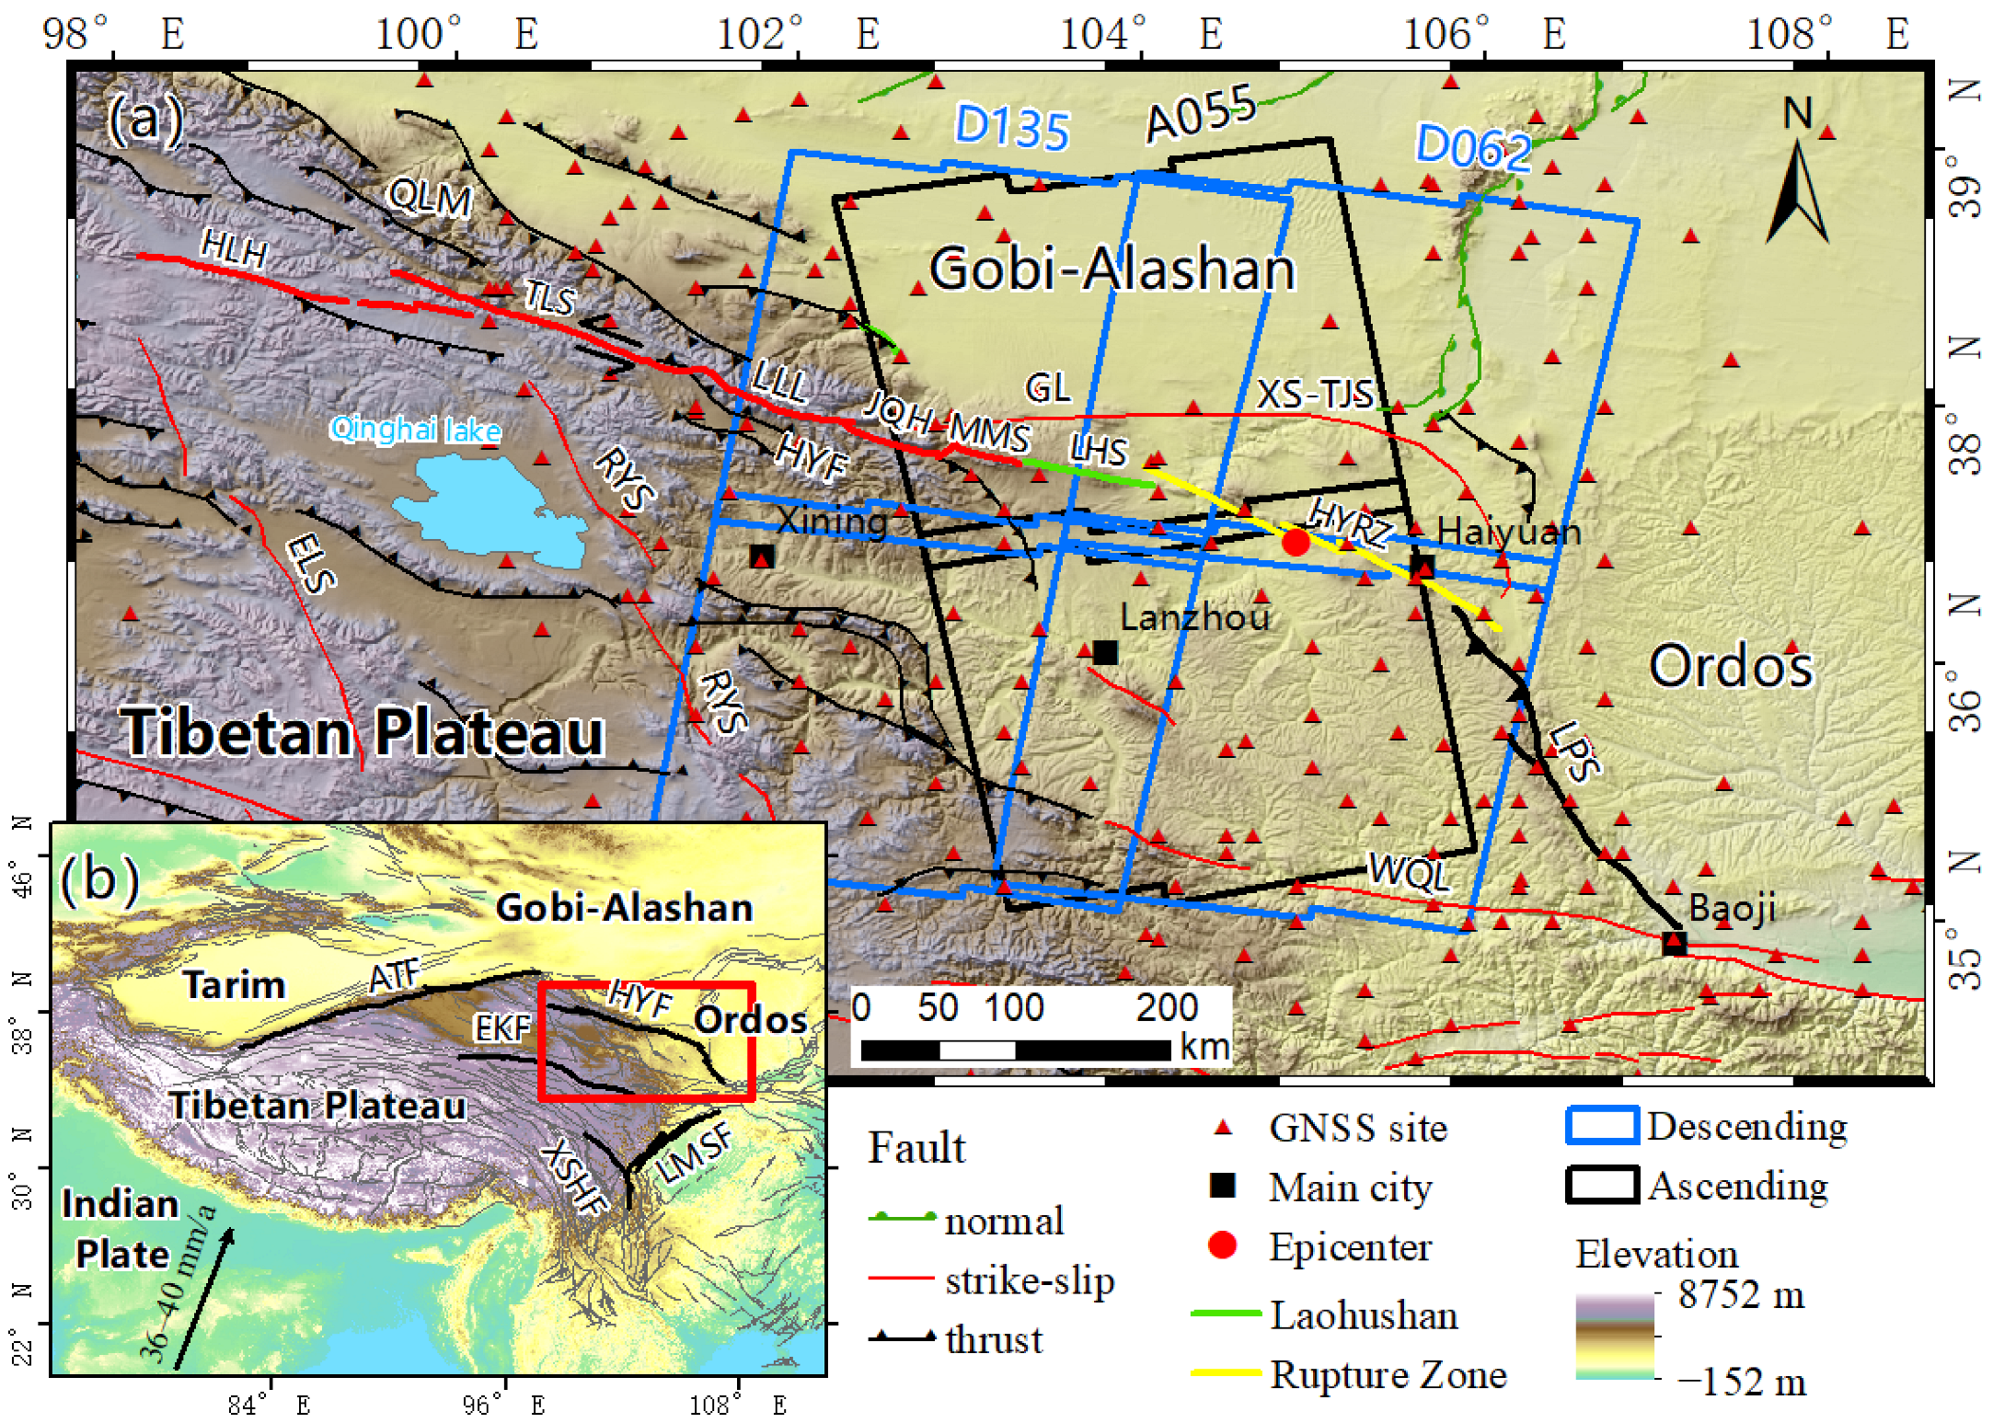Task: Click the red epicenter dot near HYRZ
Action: point(1296,542)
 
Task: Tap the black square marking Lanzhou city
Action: point(1105,652)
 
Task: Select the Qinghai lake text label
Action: point(416,429)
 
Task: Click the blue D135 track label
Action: point(1011,126)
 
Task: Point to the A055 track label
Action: point(1200,114)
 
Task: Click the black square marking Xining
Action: point(762,557)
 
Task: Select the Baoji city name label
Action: point(1732,909)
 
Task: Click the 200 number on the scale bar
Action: point(1167,1007)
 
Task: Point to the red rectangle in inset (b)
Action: point(647,1041)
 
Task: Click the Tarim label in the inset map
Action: point(234,984)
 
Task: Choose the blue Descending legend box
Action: point(1602,1126)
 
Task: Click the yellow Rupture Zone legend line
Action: point(1225,1373)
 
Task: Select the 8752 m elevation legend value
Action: point(1740,1294)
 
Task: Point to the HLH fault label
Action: point(234,248)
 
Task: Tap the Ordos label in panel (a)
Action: point(1730,666)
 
